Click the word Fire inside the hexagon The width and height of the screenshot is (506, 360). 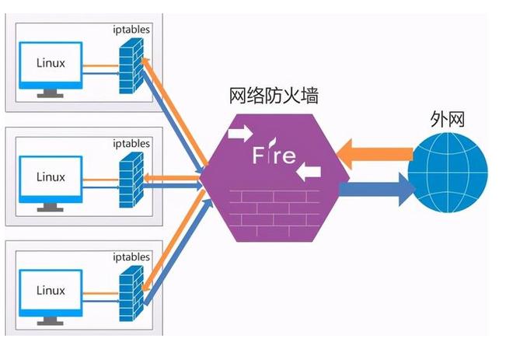pyautogui.click(x=274, y=155)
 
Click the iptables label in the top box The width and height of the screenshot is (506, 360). pyautogui.click(x=131, y=30)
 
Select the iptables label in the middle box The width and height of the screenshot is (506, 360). pyautogui.click(x=131, y=143)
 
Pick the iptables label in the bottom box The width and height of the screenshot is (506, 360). pyautogui.click(x=131, y=256)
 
